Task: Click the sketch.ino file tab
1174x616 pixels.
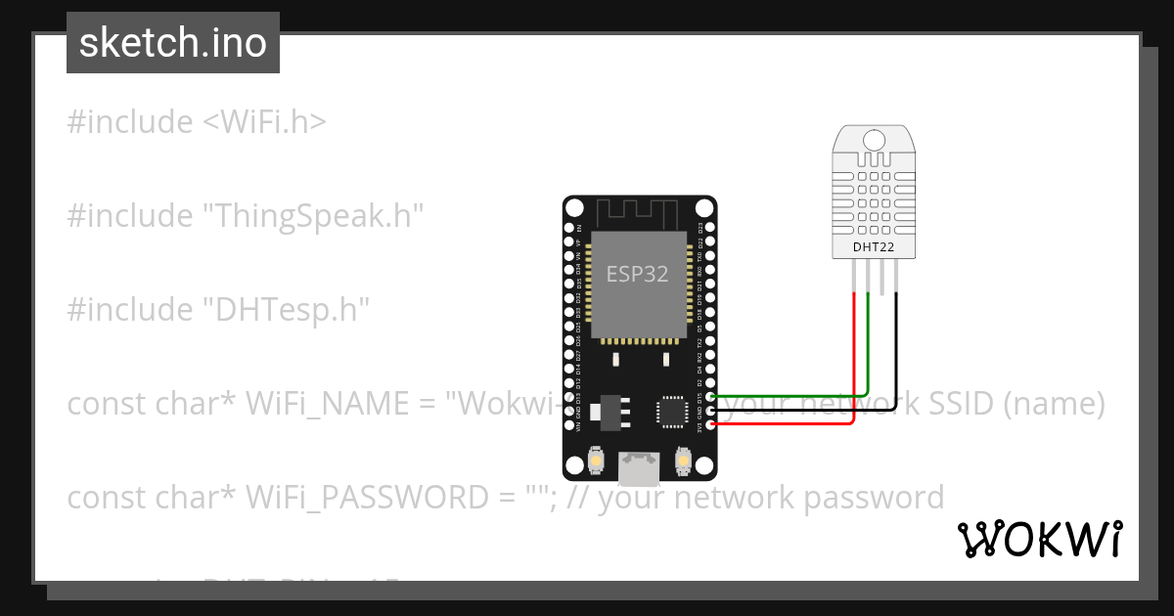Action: (x=173, y=43)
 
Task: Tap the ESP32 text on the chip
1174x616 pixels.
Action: (x=637, y=274)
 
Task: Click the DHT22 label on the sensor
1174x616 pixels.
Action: (x=874, y=247)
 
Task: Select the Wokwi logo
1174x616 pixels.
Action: (x=1038, y=539)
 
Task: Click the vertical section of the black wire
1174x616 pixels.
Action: (x=897, y=352)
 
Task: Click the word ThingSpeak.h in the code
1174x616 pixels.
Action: (x=312, y=216)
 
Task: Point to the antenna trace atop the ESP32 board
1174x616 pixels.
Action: (x=637, y=211)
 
